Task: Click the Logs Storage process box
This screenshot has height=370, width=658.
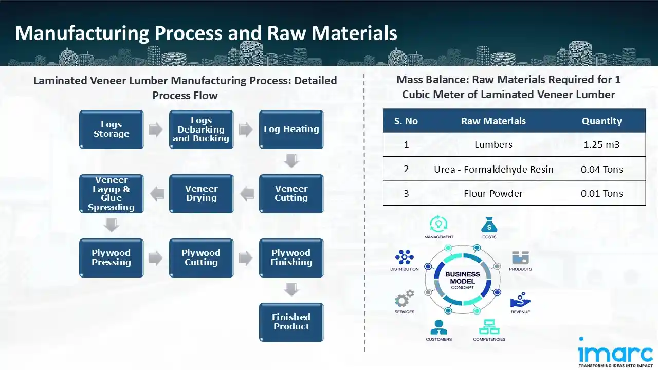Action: (x=111, y=129)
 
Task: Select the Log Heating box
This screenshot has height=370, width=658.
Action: (x=291, y=129)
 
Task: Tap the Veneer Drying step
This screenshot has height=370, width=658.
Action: (x=201, y=194)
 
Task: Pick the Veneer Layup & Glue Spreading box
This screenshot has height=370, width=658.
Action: (x=111, y=194)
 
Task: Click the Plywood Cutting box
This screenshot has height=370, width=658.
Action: (x=201, y=258)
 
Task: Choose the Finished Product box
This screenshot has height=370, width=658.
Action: (x=291, y=322)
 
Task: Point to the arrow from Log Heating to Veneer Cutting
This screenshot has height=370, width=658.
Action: (x=291, y=161)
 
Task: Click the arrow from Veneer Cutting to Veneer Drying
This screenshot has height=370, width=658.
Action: (x=247, y=194)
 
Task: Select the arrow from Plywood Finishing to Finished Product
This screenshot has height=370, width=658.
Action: (x=291, y=290)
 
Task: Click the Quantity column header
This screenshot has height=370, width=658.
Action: (x=601, y=121)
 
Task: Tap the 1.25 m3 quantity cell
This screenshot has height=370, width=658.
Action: (x=601, y=145)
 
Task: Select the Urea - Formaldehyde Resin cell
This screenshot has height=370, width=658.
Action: (x=493, y=169)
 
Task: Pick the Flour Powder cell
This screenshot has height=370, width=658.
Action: (x=493, y=194)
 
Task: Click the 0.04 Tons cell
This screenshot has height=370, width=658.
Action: (x=601, y=169)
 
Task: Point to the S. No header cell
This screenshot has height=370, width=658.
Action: (x=406, y=121)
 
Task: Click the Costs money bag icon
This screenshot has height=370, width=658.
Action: (x=489, y=225)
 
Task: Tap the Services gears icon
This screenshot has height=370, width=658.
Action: (x=405, y=299)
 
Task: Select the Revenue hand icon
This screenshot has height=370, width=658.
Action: (x=520, y=301)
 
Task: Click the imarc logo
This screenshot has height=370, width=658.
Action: (x=615, y=353)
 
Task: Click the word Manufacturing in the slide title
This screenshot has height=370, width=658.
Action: (x=82, y=33)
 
